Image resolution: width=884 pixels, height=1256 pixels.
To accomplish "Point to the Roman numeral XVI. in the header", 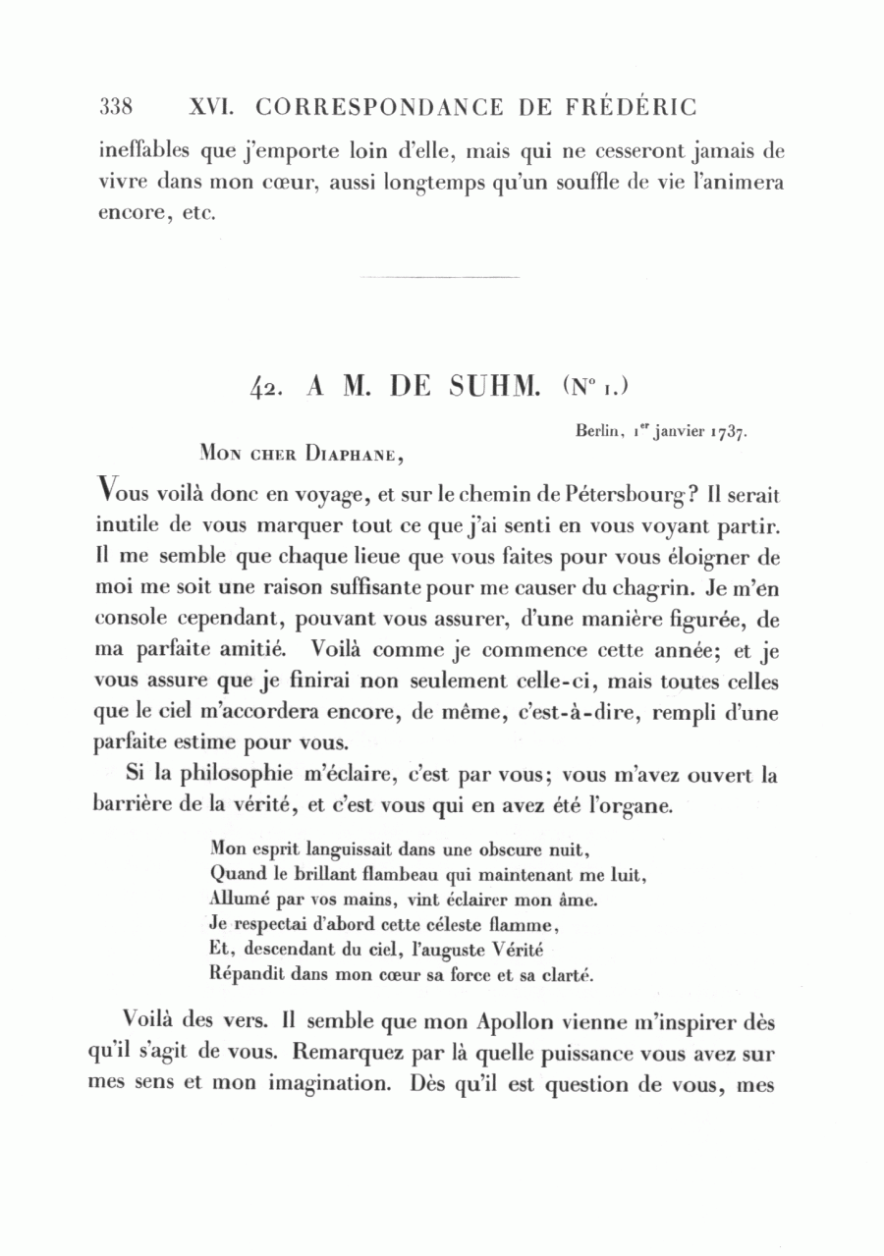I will [x=207, y=106].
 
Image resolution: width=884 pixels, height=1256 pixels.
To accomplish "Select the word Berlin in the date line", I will [x=596, y=429].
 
